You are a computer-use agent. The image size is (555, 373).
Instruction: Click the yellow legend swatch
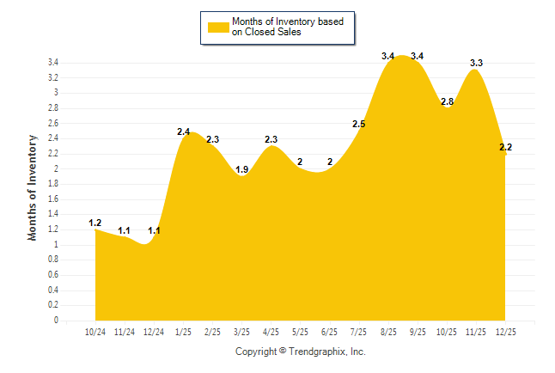tap(217, 27)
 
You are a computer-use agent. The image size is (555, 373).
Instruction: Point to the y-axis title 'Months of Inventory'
tap(33, 186)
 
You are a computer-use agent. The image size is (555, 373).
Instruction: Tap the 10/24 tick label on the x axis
tap(95, 331)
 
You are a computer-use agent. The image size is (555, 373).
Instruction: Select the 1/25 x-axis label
tap(183, 331)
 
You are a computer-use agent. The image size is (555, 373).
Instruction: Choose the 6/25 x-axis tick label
tap(329, 331)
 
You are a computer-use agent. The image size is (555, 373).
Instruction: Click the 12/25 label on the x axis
tap(505, 331)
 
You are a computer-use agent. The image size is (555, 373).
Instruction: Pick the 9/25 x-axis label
tap(418, 331)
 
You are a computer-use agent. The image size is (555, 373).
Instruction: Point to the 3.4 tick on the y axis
tap(52, 63)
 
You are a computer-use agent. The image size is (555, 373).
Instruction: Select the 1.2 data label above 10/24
tap(95, 223)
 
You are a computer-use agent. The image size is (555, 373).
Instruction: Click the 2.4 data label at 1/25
tap(183, 131)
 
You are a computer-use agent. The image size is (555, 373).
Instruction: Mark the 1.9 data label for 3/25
tap(242, 169)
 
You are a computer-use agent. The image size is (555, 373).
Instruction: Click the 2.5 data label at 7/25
tap(359, 124)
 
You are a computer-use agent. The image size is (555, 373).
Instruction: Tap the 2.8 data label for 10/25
tap(447, 101)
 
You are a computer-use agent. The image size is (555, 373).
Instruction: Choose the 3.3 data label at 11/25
tap(476, 63)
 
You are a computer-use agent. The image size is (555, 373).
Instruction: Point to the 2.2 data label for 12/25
tap(505, 147)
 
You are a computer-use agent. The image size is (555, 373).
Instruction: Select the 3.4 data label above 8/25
tap(388, 56)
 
